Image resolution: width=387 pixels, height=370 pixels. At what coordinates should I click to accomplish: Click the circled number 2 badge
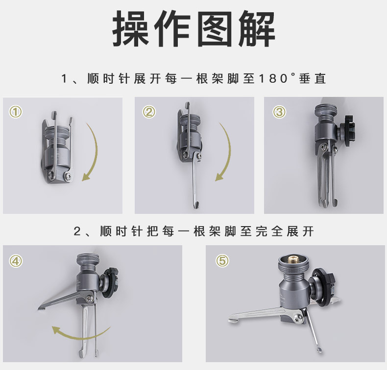coord(149,112)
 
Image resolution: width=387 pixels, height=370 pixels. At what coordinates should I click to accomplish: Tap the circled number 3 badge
coord(279,112)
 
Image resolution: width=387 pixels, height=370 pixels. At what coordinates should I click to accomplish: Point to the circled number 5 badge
coord(222,261)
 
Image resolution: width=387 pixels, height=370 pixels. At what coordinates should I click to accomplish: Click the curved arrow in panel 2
coord(226,152)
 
